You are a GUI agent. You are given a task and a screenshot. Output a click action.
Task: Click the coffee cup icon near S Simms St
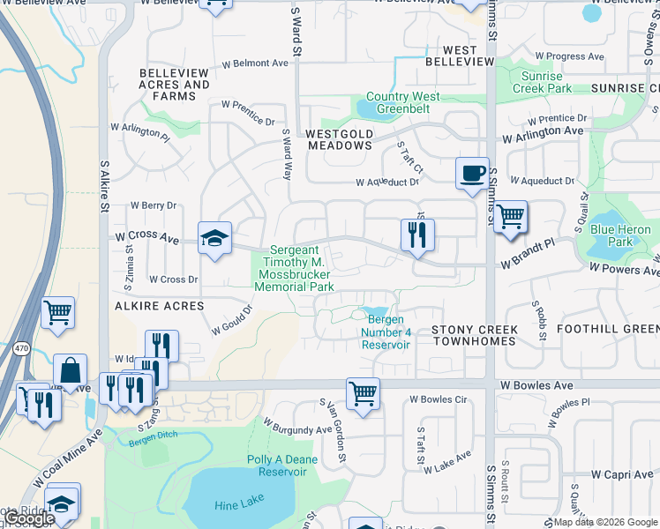[472, 173]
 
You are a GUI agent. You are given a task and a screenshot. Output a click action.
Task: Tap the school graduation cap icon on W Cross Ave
[214, 238]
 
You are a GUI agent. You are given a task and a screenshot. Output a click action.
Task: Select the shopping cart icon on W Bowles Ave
[363, 393]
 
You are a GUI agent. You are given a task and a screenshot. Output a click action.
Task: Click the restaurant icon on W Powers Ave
[417, 235]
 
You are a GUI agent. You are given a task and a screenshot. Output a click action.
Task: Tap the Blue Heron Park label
[620, 235]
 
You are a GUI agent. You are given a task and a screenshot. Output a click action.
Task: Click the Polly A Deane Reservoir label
[282, 467]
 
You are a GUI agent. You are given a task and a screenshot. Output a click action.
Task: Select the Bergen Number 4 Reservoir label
[386, 332]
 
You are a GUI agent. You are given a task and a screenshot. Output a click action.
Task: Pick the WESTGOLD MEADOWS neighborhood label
[339, 139]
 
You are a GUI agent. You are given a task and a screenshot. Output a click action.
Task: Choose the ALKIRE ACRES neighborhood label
[158, 306]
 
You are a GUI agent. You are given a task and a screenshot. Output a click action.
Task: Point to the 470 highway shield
[19, 348]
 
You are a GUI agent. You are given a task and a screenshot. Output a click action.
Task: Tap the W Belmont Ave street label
[255, 63]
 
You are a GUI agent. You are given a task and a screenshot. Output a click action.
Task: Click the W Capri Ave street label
[623, 474]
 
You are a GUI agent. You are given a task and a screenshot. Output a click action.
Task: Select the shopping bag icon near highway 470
[70, 370]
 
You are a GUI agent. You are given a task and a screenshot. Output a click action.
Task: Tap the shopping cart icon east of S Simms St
[510, 216]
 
